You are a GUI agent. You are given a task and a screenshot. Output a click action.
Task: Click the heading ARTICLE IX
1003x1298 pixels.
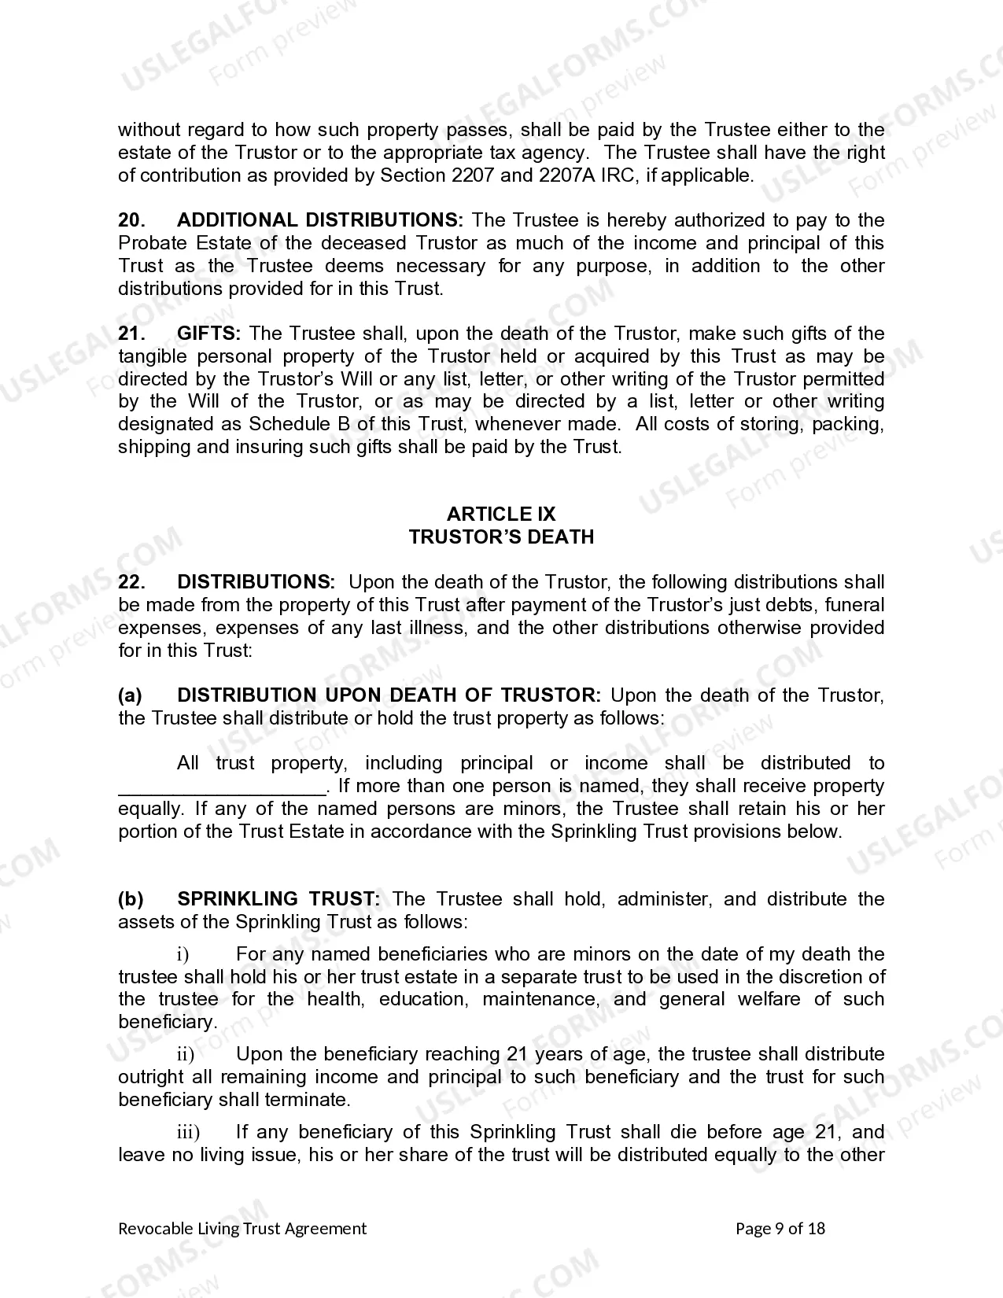(501, 514)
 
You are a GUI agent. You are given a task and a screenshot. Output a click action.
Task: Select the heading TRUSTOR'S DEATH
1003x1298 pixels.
(501, 537)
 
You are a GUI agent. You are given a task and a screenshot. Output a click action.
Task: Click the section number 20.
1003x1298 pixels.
(131, 220)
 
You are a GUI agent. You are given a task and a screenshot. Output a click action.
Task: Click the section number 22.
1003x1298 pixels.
(131, 582)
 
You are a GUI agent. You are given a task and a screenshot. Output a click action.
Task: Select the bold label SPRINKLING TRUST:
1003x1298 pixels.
(279, 899)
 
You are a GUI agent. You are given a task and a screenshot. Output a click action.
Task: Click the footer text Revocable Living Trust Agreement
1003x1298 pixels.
(242, 1229)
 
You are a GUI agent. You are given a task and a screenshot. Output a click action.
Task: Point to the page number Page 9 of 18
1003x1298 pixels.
(780, 1229)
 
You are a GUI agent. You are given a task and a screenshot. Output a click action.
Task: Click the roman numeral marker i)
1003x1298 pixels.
(183, 955)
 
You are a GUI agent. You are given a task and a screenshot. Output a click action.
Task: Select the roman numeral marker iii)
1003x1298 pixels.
(188, 1133)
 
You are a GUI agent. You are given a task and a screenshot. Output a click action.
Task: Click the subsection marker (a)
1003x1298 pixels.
(130, 695)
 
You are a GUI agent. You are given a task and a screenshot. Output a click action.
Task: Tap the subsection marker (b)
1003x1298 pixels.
(130, 899)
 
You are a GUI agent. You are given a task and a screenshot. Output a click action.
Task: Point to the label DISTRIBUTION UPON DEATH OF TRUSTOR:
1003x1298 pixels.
(389, 695)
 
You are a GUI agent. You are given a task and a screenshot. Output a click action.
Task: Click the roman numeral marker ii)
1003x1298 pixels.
(185, 1055)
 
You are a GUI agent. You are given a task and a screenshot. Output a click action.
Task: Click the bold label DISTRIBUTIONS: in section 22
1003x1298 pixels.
(256, 582)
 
